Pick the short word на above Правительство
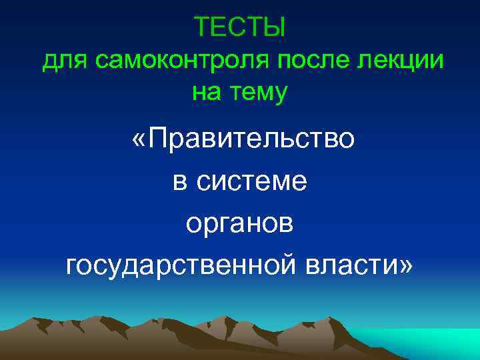205,93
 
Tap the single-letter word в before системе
179,181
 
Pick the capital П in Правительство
158,141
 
